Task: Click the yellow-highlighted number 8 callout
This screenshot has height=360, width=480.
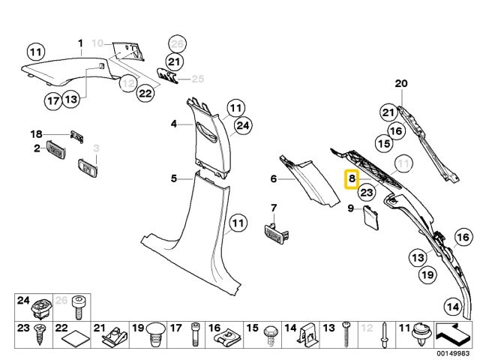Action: (352, 179)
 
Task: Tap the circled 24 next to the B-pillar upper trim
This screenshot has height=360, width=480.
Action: (243, 126)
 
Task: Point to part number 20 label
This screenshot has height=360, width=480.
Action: (401, 83)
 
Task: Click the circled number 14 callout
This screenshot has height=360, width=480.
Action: (453, 307)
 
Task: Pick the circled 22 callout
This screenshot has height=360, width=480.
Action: (145, 93)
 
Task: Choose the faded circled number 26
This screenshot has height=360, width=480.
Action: (177, 44)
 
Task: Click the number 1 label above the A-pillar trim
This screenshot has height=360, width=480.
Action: (80, 43)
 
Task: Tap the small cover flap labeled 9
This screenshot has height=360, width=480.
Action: (370, 217)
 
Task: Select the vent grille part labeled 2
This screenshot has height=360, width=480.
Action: (55, 150)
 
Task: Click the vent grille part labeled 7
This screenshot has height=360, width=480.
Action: (276, 233)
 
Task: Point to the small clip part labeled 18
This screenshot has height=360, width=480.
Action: (76, 136)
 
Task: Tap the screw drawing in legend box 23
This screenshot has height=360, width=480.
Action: (40, 335)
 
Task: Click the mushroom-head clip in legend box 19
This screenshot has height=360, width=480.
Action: (155, 334)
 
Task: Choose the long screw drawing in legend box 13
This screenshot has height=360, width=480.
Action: (346, 334)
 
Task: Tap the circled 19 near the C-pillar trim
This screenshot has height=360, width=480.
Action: (427, 274)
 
